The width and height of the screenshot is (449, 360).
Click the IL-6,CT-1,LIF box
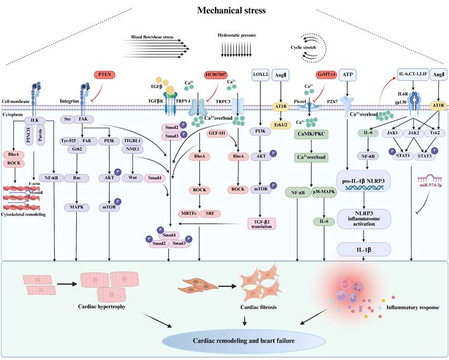[412, 74]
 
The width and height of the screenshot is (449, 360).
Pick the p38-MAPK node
[324, 193]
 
